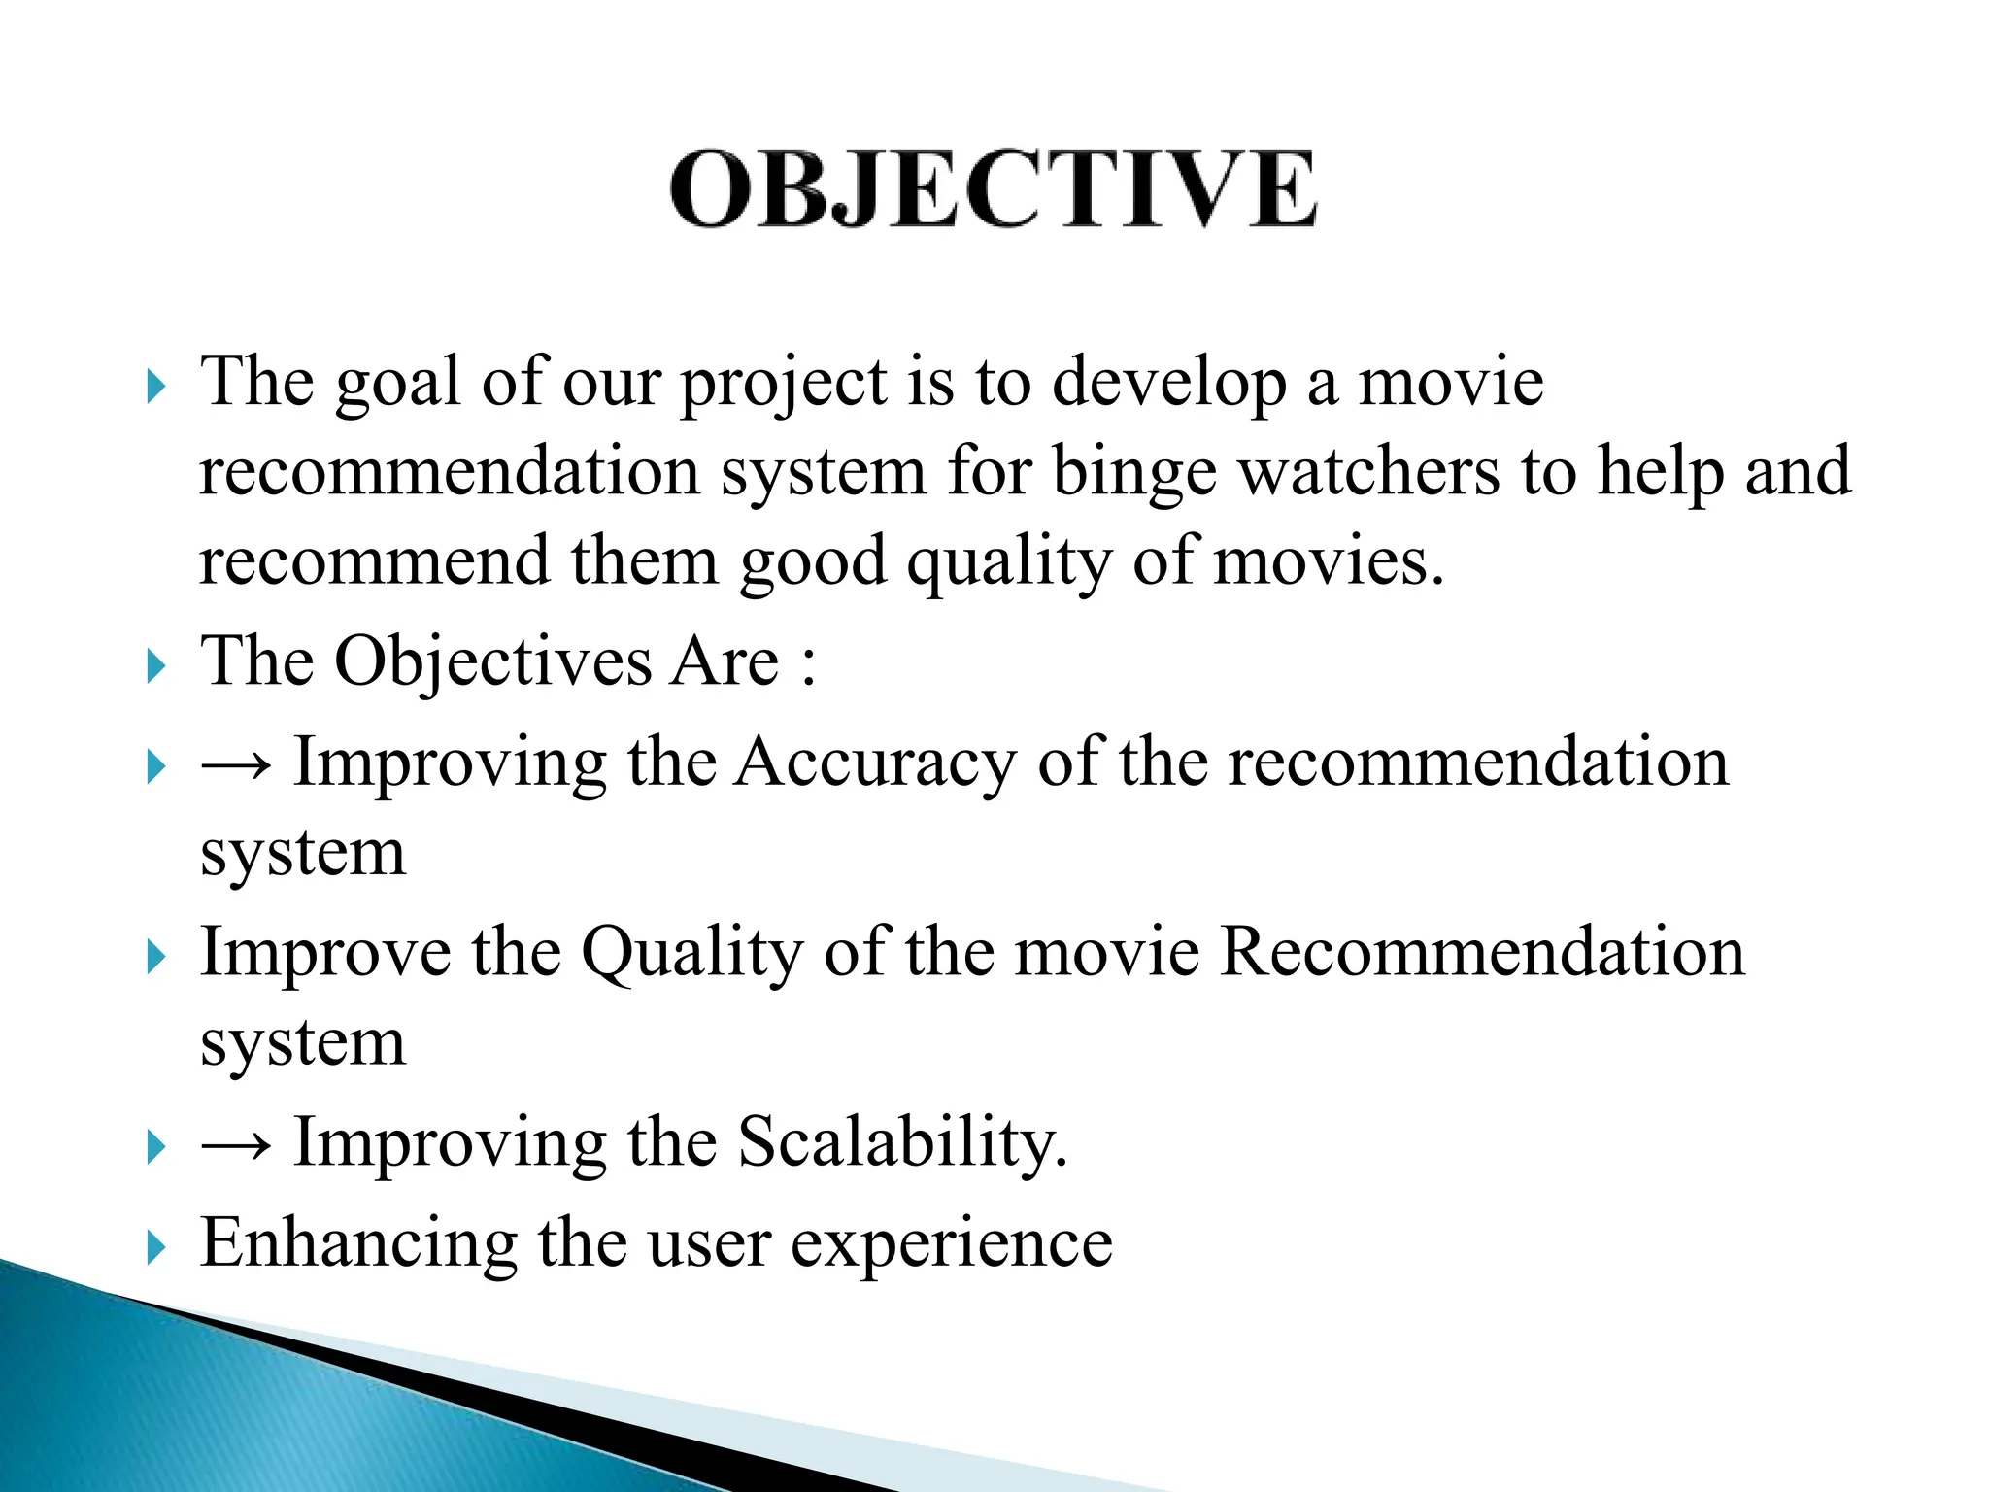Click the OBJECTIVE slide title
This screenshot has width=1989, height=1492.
(993, 189)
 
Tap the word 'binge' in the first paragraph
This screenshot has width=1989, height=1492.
(1133, 473)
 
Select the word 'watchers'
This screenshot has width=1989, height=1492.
(1369, 471)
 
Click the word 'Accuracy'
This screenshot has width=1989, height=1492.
(875, 763)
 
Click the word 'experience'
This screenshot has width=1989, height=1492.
(952, 1245)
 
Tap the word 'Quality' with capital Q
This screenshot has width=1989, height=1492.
(691, 954)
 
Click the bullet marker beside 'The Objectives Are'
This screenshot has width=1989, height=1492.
(156, 667)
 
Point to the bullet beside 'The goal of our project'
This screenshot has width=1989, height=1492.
(156, 387)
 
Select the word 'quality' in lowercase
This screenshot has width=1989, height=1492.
(1009, 564)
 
